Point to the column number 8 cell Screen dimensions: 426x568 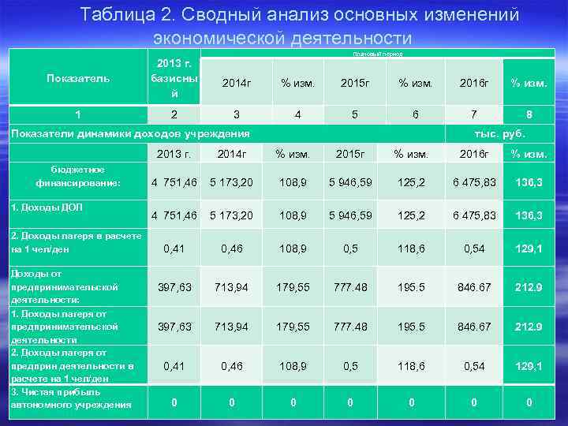click(529, 114)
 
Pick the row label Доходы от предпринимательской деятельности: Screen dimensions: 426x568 click(64, 286)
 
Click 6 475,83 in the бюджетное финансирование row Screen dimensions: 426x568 click(473, 182)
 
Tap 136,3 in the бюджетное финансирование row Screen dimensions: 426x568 click(529, 182)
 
